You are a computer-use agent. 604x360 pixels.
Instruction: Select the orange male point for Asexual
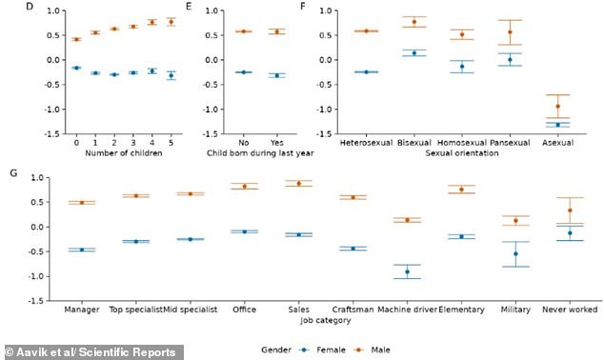tap(557, 106)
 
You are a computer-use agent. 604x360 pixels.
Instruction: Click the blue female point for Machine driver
tap(407, 271)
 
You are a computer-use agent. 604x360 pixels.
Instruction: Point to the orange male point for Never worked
tap(570, 210)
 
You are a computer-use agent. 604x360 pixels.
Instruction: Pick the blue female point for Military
tap(515, 253)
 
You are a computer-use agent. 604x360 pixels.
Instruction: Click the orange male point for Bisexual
tap(413, 22)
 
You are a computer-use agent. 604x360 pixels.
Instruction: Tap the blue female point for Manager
tap(81, 250)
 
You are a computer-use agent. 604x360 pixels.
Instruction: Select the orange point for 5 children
tap(171, 21)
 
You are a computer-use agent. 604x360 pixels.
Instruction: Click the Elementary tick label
tap(461, 310)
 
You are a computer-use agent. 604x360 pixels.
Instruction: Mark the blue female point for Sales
tap(298, 234)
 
